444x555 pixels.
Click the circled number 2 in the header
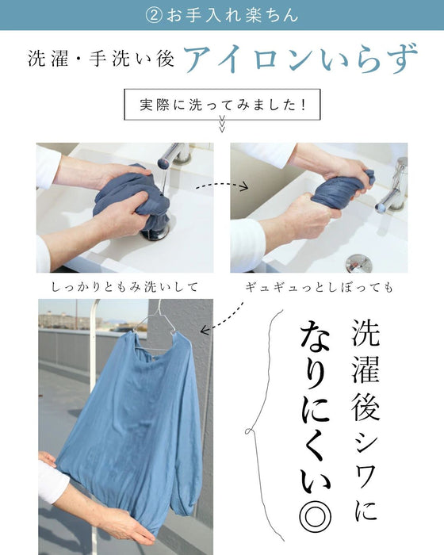153,16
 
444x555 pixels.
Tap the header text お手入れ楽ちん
232,16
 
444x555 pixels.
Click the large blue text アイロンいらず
301,59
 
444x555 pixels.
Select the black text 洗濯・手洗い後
101,59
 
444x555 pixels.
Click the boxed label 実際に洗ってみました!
222,105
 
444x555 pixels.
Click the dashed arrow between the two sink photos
222,184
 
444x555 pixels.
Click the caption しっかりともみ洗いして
124,287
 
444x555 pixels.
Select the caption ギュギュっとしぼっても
320,287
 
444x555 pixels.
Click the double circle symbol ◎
315,519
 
